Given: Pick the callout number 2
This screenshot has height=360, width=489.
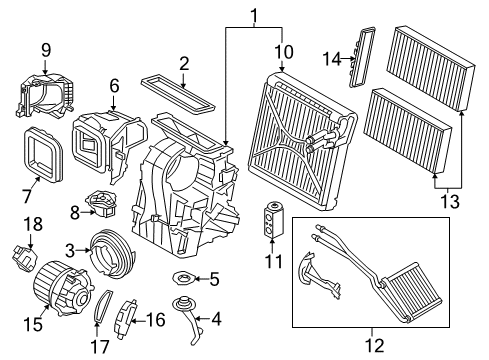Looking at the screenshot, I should tap(183, 64).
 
